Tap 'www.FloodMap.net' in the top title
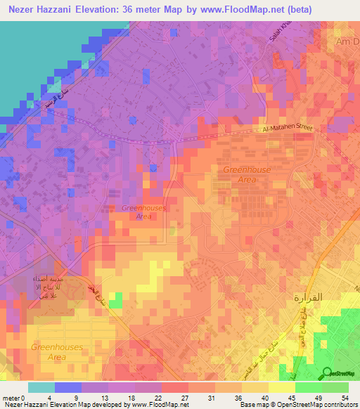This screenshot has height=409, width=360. (237, 9)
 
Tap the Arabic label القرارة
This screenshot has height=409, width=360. (307, 297)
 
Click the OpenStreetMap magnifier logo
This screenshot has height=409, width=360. (328, 373)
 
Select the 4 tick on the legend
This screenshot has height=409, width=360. (55, 397)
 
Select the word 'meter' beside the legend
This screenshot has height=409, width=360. (10, 397)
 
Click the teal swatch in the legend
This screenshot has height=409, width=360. (41, 387)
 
